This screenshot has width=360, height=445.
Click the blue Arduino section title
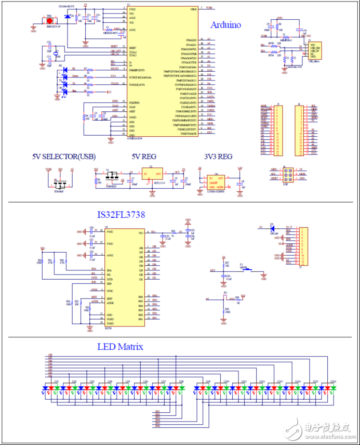tap(225, 24)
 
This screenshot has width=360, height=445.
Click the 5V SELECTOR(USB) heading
tap(64, 156)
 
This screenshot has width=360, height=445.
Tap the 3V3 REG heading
tap(218, 156)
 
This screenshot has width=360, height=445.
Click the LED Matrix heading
tap(120, 347)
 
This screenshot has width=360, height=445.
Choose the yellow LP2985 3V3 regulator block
tap(216, 181)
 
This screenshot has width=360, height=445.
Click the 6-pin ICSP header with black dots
tap(287, 174)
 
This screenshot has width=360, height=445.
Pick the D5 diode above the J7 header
tap(271, 227)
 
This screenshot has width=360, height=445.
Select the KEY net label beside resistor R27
tap(212, 271)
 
